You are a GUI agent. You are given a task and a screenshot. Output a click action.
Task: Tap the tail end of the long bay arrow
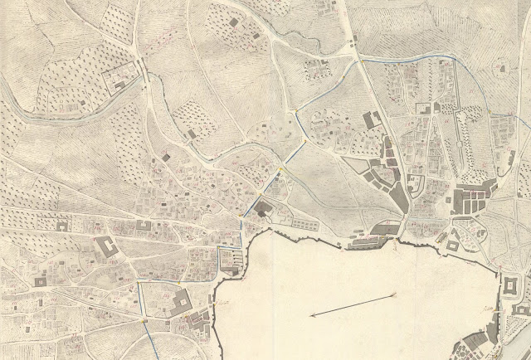tap(391, 294)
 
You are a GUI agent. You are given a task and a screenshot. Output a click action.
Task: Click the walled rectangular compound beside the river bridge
tap(120, 79)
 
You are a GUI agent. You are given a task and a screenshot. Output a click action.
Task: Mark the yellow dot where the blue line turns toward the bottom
tap(144, 319)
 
